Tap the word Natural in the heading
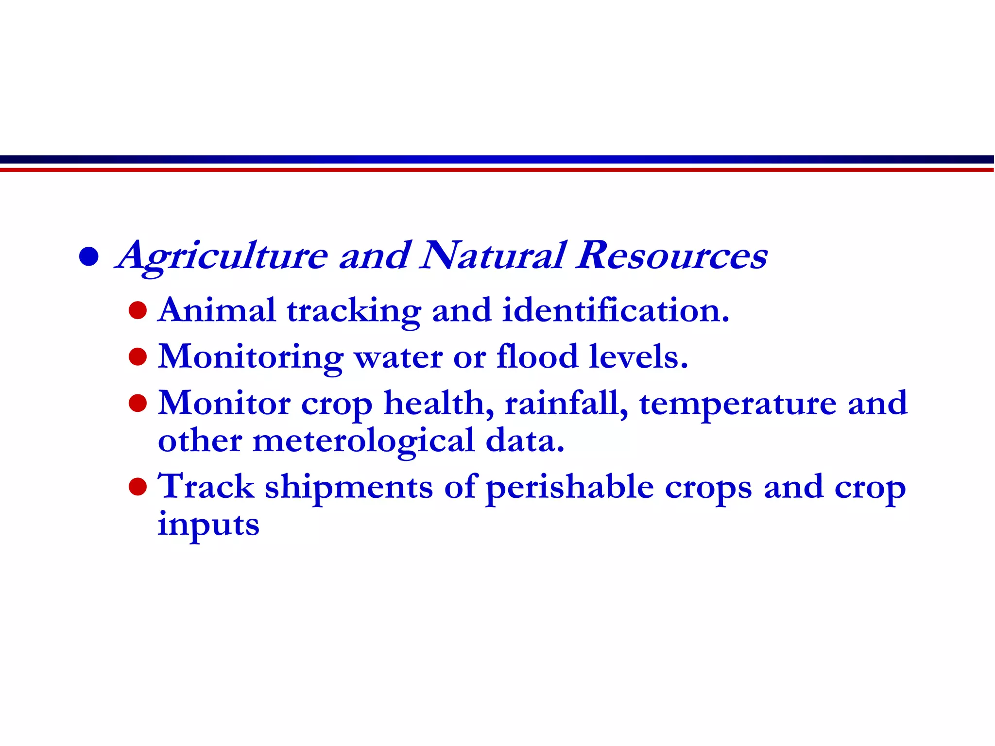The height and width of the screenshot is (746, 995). [494, 255]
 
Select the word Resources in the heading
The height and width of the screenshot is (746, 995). [672, 255]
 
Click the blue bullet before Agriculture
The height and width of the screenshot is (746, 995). [89, 256]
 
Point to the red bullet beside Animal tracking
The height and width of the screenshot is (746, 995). [138, 310]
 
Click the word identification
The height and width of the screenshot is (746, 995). [615, 310]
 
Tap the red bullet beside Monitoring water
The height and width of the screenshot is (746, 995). [138, 357]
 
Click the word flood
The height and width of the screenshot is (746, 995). [537, 356]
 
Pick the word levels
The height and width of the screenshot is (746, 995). [638, 356]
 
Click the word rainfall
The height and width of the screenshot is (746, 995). [566, 403]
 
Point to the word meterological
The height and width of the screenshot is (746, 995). [363, 441]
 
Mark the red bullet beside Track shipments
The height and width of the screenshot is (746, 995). [138, 487]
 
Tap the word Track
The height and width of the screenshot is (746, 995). [206, 487]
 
